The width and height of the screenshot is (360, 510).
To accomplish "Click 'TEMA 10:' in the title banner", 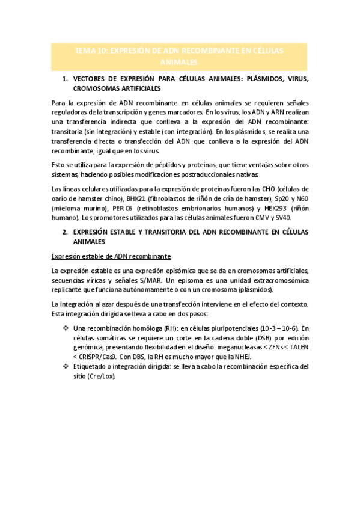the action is (x=90, y=51).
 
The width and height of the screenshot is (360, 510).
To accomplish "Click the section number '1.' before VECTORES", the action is (x=66, y=79).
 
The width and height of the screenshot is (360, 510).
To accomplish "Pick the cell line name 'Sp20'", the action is (x=276, y=198).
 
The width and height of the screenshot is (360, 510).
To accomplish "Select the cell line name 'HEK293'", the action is (x=267, y=208).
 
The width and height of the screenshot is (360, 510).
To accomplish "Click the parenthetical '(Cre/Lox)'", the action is (x=100, y=375).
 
